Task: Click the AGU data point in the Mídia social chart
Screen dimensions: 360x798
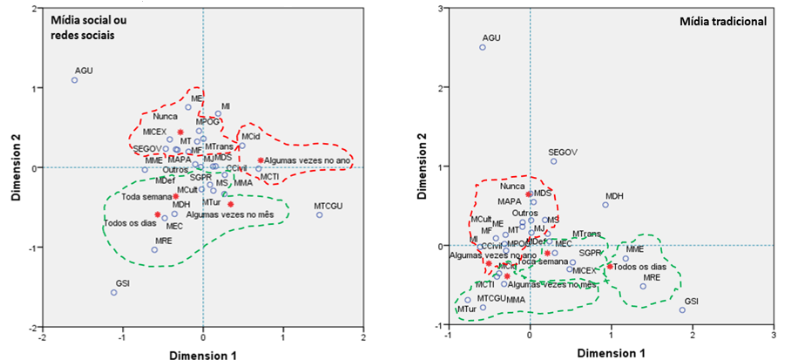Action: click(x=74, y=80)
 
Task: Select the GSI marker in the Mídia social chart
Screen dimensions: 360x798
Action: click(x=113, y=292)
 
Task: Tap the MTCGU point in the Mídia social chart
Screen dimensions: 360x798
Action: click(x=319, y=214)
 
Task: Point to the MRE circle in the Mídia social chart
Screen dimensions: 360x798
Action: click(x=154, y=249)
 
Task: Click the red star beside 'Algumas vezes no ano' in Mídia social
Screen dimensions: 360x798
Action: click(x=260, y=160)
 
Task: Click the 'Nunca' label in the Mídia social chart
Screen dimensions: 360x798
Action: click(x=165, y=116)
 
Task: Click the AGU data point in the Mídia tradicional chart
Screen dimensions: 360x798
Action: click(x=483, y=47)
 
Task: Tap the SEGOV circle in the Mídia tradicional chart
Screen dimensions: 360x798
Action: click(x=553, y=161)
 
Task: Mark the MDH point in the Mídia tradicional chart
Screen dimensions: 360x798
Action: click(x=605, y=205)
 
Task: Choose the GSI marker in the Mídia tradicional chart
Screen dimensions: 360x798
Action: click(x=682, y=310)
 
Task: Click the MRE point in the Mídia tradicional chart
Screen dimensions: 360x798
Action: click(x=643, y=286)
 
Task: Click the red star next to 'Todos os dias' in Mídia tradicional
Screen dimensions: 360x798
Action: click(x=610, y=266)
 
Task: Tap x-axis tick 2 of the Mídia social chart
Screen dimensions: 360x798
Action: click(x=362, y=338)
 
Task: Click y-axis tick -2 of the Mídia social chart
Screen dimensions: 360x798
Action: click(x=30, y=327)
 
